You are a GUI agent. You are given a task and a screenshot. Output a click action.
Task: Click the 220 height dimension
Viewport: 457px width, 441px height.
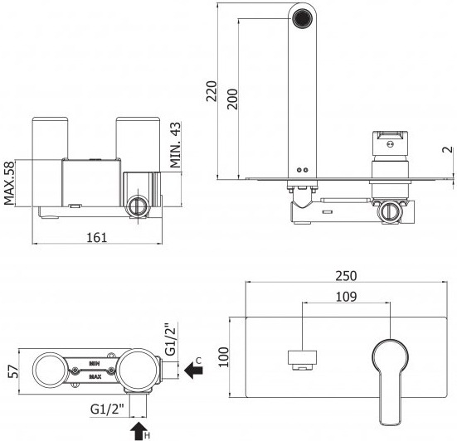pos(211,91)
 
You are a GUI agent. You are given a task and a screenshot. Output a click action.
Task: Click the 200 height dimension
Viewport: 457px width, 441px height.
pos(233,99)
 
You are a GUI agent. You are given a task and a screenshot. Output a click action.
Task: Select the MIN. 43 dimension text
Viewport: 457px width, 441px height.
pos(176,145)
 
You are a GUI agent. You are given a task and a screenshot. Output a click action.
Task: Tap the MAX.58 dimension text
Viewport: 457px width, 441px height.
pos(9,183)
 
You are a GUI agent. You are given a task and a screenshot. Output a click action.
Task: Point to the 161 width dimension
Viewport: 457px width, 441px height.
pos(97,238)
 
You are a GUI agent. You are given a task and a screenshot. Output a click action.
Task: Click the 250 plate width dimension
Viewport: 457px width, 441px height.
pos(346,276)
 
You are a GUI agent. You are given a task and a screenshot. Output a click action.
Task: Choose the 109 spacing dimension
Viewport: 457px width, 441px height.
pos(346,297)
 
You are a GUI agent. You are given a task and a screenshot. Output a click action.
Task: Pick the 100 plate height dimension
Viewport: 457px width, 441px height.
pos(224,357)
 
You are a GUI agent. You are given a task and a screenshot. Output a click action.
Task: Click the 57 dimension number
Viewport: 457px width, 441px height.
pos(12,371)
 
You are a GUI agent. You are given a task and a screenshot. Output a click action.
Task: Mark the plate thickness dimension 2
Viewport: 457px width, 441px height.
pos(448,150)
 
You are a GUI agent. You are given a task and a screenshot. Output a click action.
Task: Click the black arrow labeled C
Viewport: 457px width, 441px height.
pos(193,371)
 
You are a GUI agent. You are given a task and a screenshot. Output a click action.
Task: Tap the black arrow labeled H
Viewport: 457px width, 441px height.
pos(139,431)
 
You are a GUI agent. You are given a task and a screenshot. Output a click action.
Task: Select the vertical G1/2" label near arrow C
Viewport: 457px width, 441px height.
pos(171,339)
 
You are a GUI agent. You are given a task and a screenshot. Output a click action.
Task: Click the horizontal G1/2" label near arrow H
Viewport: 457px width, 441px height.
pos(107,409)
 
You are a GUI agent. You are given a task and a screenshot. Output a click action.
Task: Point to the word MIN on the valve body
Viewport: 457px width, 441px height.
pos(95,364)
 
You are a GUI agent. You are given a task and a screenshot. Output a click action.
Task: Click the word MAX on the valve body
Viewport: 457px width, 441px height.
pos(95,376)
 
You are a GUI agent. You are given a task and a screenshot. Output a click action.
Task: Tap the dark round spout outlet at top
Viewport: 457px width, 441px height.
pos(302,18)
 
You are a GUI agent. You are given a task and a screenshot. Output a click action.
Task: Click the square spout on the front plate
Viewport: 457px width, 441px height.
pos(302,360)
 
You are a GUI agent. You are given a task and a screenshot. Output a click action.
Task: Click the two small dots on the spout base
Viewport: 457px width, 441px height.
pos(302,170)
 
